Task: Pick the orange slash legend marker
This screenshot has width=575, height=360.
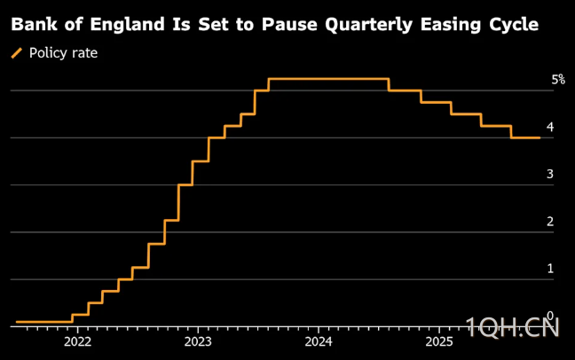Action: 17,54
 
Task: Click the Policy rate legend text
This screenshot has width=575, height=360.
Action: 63,53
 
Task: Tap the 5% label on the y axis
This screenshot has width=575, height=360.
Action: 558,80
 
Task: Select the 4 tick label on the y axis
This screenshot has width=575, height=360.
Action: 550,127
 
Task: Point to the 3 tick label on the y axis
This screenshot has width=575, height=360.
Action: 550,174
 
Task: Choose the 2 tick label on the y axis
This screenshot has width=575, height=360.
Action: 550,221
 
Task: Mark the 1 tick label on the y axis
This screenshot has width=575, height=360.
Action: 550,268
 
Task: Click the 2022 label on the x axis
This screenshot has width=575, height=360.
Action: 77,340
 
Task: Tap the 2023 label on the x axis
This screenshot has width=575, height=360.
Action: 198,340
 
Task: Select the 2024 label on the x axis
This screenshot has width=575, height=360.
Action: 319,340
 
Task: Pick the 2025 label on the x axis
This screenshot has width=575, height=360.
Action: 438,340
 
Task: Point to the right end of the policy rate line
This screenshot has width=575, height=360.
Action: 540,137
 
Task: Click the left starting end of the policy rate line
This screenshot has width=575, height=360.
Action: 17,322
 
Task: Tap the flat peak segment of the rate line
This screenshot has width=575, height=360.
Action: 328,80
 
